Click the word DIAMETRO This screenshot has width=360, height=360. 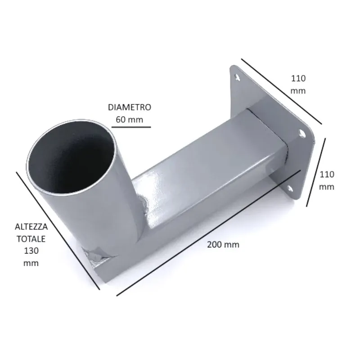click(130, 107)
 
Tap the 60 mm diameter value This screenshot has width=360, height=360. click(130, 120)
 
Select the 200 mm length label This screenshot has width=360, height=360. click(223, 244)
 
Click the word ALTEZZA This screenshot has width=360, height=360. click(31, 227)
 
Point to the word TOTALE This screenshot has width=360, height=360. click(31, 239)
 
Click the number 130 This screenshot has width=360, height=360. click(31, 251)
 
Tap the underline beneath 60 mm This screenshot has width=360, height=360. click(131, 127)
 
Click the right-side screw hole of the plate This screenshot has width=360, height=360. click(302, 133)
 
